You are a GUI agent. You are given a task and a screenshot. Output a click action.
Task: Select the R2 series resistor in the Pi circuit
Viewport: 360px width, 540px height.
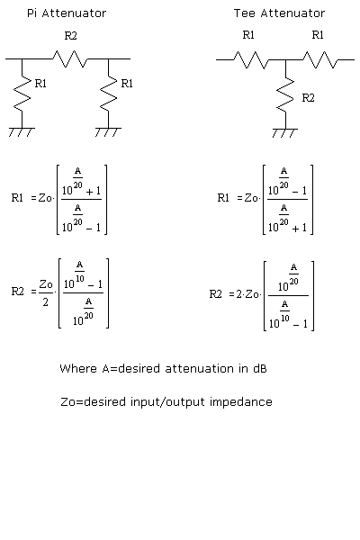69,59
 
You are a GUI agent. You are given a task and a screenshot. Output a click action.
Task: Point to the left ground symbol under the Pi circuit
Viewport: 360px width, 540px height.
22,132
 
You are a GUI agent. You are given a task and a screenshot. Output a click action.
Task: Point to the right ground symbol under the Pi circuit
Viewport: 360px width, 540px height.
109,132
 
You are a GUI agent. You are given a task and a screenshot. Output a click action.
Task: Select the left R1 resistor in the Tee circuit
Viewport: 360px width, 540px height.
251,59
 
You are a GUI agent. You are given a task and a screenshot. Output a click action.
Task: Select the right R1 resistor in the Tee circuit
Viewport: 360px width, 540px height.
319,59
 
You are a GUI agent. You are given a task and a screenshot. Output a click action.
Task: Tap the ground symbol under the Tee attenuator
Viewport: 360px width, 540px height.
285,132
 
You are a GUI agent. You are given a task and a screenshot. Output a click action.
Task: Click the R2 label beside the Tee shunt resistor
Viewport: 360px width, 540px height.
309,96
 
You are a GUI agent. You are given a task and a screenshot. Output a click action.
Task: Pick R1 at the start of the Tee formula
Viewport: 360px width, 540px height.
225,198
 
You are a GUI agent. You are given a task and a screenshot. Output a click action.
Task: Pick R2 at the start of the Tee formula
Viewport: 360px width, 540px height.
216,293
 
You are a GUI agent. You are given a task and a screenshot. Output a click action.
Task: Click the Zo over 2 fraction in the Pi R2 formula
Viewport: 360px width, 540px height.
46,292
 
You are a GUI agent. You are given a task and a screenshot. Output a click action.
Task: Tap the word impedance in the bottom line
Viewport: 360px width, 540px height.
242,402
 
